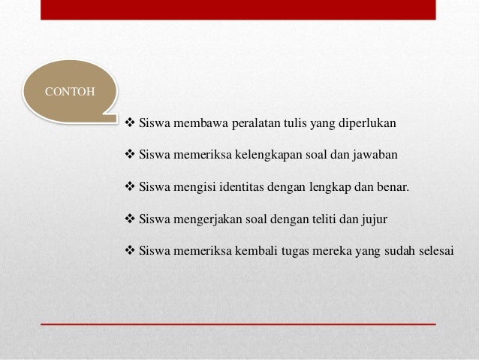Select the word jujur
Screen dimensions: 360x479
coord(377,219)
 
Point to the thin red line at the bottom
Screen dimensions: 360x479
coord(239,322)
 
